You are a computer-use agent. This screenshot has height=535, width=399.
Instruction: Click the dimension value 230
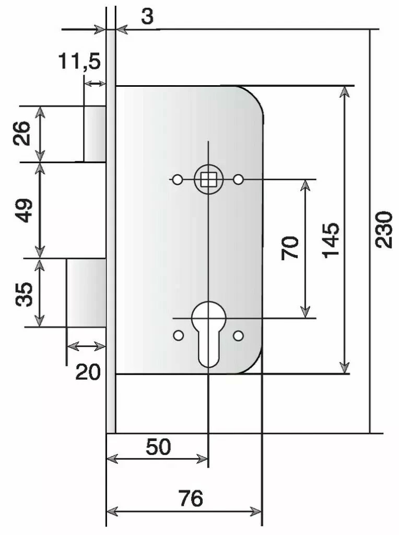[384, 229]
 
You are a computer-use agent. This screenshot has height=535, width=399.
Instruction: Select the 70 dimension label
[290, 248]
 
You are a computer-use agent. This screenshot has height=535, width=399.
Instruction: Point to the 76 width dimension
[191, 498]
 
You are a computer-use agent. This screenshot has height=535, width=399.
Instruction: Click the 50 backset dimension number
[158, 447]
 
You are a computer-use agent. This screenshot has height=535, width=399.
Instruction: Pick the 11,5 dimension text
[79, 62]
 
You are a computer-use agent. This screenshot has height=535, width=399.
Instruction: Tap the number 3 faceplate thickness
[147, 16]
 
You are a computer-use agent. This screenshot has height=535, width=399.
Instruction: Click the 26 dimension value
[21, 133]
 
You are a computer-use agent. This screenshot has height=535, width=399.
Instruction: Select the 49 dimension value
[24, 210]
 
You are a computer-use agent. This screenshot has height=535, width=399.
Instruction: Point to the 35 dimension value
[24, 294]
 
